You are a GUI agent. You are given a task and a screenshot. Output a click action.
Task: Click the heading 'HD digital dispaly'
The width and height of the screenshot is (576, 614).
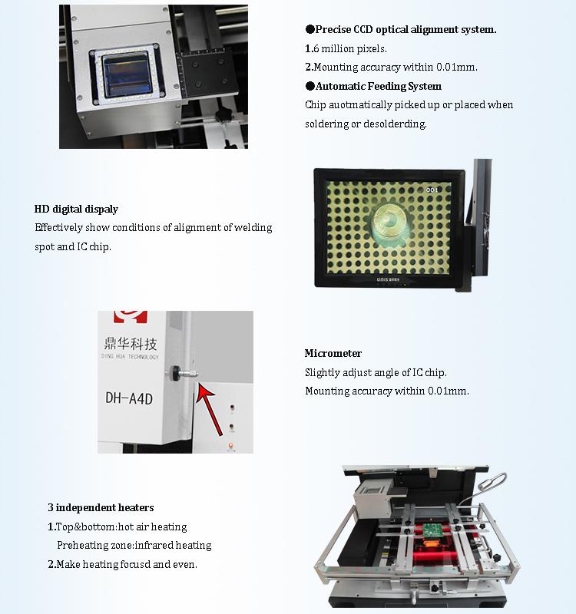76,209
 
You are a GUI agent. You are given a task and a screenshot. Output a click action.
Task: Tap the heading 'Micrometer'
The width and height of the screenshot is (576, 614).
333,353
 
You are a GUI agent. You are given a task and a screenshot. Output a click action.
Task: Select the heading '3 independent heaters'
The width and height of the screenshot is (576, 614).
101,507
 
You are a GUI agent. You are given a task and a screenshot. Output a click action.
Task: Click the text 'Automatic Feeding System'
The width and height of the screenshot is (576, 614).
378,86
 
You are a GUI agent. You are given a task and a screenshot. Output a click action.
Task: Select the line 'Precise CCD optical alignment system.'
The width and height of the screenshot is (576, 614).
406,29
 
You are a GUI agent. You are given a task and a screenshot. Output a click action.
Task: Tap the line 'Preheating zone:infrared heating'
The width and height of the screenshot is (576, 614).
134,545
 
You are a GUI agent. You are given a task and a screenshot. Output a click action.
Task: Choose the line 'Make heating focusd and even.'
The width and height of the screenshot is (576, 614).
127,564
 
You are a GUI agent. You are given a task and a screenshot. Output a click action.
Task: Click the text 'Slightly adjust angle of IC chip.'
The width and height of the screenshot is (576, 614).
376,372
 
